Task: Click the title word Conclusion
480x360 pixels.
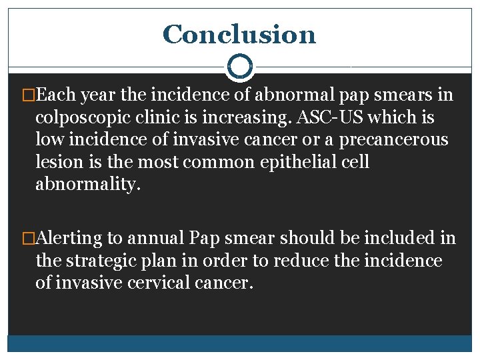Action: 239,34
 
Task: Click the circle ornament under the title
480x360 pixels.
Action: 239,67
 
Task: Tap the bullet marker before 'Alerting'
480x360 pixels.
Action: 29,238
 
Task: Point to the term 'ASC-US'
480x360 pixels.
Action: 329,118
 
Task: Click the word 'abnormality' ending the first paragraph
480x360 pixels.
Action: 87,185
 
